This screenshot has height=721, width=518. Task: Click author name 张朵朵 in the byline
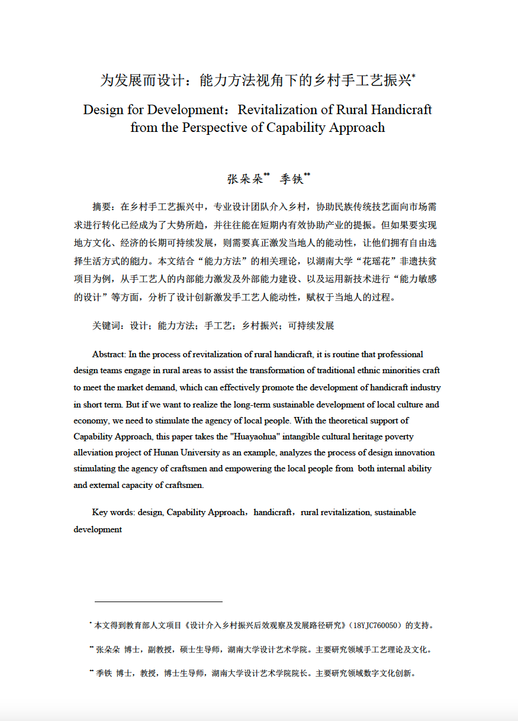coord(244,179)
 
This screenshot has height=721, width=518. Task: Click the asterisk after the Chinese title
coord(414,76)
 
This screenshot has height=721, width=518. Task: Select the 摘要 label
coord(101,207)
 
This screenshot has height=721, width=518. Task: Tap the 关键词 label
coord(104,326)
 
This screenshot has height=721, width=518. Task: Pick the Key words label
coord(112,512)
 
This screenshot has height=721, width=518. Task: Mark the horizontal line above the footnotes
coord(158,602)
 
